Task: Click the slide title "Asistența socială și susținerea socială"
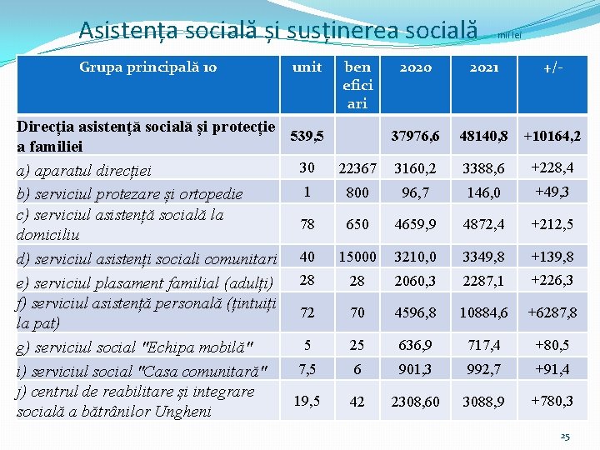point(278,30)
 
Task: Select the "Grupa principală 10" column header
point(147,67)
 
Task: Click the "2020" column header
point(415,67)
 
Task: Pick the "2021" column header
point(484,67)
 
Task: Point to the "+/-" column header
point(551,67)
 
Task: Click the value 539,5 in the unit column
point(306,135)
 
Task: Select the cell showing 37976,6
point(415,135)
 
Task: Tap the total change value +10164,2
point(551,135)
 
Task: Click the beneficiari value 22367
point(357,168)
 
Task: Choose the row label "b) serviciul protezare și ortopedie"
point(129,193)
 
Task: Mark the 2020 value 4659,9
point(415,224)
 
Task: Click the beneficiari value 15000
point(357,257)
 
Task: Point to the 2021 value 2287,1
point(484,280)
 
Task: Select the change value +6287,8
point(551,312)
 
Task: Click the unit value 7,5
point(307,367)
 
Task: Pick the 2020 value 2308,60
point(415,402)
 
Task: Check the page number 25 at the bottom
point(565,436)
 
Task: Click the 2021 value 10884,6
point(484,312)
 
